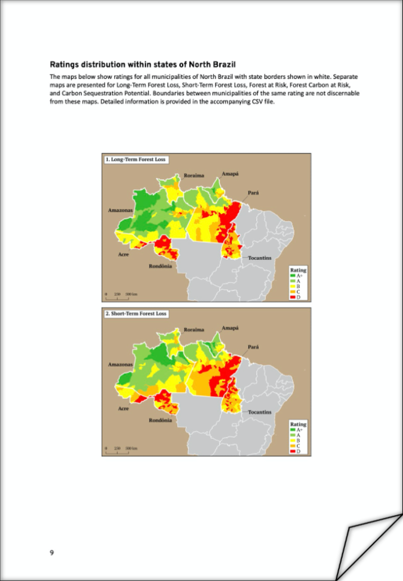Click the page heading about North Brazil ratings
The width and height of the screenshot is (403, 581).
point(143,64)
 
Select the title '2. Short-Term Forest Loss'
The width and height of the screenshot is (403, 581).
point(136,314)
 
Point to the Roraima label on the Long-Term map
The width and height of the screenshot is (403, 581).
point(194,175)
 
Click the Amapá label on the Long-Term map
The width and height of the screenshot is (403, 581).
point(230,174)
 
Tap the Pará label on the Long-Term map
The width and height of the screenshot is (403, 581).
point(254,193)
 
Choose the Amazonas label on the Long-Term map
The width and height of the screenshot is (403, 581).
point(121,210)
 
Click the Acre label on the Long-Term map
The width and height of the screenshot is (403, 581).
point(123,255)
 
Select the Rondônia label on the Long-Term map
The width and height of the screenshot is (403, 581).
point(160,266)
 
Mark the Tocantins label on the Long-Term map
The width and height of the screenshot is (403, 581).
point(259,258)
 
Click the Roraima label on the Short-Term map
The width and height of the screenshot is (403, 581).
point(194,330)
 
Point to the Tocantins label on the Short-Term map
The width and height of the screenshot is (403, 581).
point(259,412)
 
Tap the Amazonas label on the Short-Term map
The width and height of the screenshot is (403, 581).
point(121,364)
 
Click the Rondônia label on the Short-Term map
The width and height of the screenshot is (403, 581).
point(160,420)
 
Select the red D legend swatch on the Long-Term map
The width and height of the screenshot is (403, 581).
point(293,297)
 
